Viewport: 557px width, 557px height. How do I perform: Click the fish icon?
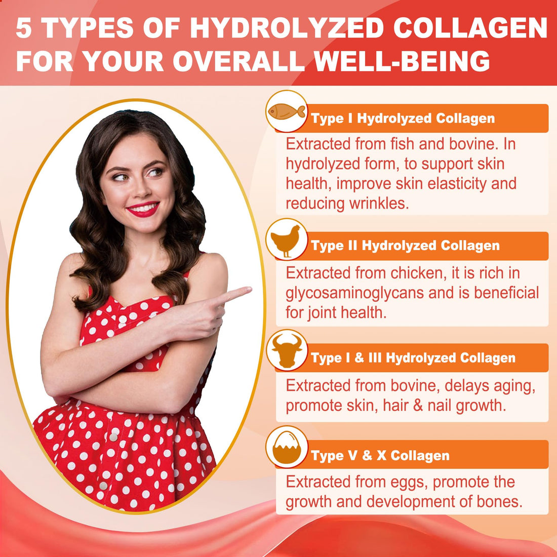(x=287, y=111)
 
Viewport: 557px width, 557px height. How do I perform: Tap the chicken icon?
(x=286, y=240)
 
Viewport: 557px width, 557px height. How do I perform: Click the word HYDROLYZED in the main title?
(x=286, y=29)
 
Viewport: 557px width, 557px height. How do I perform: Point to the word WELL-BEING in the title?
(x=402, y=62)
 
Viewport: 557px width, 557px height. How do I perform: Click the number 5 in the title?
(x=24, y=29)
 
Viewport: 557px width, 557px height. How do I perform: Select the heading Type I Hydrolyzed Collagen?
(x=403, y=118)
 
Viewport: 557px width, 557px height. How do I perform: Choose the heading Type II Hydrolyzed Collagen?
(x=405, y=246)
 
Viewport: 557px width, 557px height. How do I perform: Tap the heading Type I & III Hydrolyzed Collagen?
(x=413, y=358)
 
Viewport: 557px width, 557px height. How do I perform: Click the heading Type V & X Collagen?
(x=380, y=456)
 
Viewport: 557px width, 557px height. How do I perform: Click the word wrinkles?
(x=379, y=204)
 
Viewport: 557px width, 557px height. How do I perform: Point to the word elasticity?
(x=457, y=184)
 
